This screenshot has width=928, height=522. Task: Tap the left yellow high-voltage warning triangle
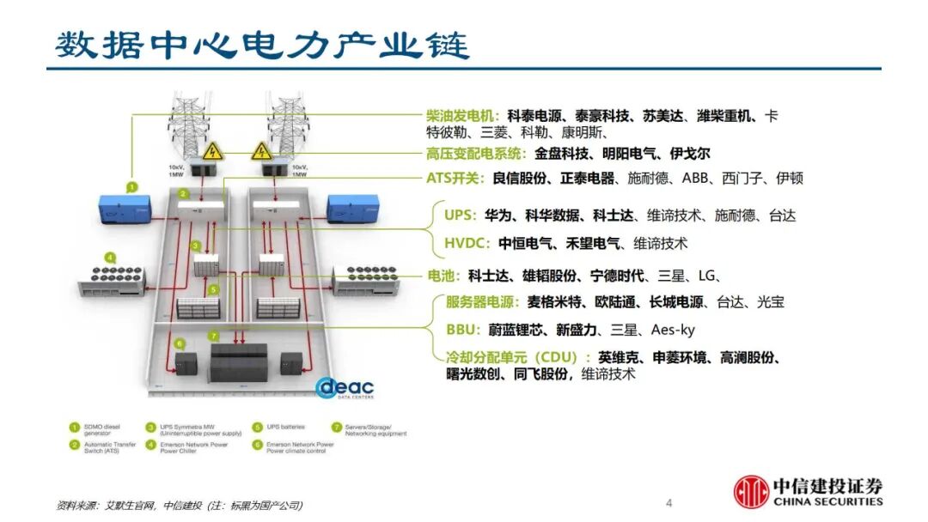[x=213, y=152]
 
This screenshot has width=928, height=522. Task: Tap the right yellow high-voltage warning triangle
[x=259, y=152]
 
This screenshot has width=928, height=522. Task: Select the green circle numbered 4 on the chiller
[x=110, y=257]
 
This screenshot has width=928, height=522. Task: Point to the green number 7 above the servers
[x=214, y=335]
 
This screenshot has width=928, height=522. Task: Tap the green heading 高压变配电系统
[x=475, y=155]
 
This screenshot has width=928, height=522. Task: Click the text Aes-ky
[x=673, y=329]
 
